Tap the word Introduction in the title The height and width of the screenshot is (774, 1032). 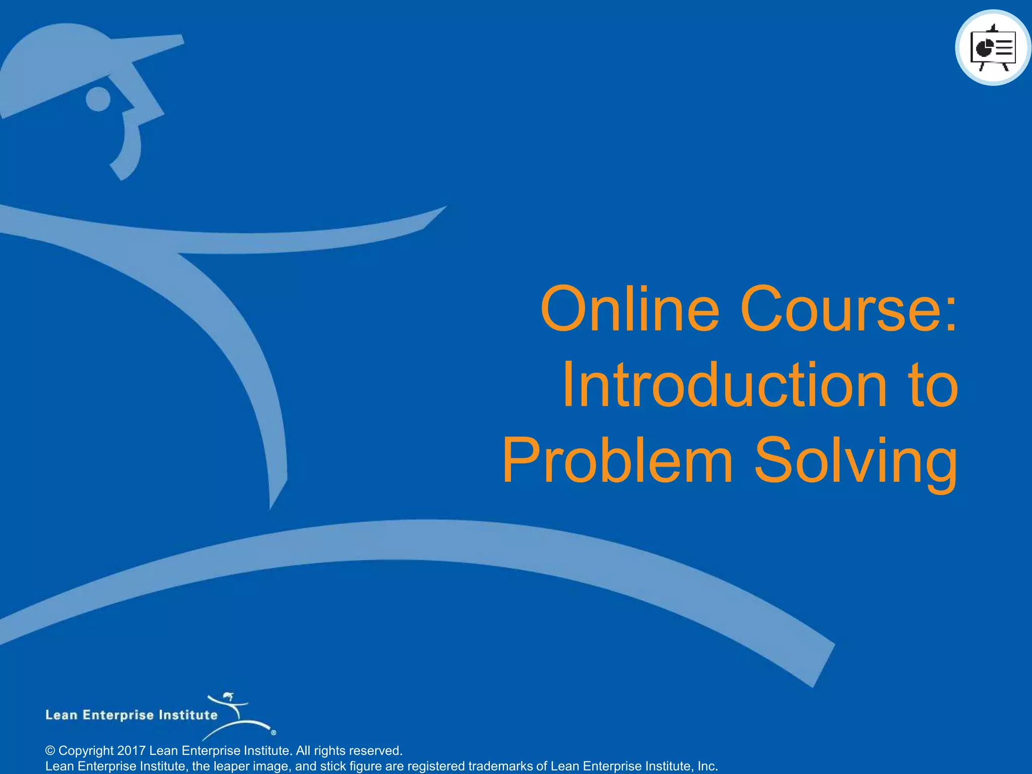(x=724, y=385)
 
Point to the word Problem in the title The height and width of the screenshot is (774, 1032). (x=617, y=461)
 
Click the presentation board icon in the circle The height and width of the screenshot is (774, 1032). (x=993, y=48)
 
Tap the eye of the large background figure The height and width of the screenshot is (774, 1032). (x=98, y=99)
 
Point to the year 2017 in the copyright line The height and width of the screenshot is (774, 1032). (x=131, y=750)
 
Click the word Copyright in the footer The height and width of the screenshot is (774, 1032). (x=86, y=750)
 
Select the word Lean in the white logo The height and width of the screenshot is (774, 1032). (x=61, y=715)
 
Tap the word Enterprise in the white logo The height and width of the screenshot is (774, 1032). (x=118, y=716)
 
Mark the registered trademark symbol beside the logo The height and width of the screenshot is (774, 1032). (x=274, y=733)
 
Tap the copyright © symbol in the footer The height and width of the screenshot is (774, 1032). (x=50, y=751)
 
